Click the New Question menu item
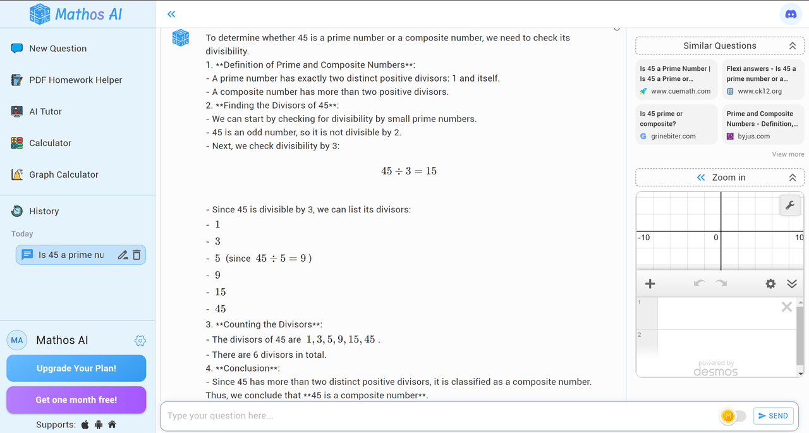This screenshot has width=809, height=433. click(x=58, y=49)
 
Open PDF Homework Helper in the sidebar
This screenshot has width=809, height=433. click(x=75, y=80)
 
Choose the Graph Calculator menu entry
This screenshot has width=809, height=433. click(x=63, y=175)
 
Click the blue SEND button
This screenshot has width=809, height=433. click(x=773, y=416)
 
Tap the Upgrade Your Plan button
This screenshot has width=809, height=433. click(x=76, y=369)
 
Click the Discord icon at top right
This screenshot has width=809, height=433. click(x=791, y=14)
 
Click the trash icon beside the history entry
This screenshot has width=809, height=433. click(x=137, y=255)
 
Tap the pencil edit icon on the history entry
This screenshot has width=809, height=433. click(x=123, y=255)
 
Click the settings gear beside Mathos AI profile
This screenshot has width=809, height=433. click(x=140, y=341)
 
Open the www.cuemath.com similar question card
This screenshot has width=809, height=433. click(x=675, y=80)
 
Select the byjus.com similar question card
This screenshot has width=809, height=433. click(x=763, y=125)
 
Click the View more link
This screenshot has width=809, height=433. click(x=788, y=154)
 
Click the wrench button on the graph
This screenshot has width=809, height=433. click(x=790, y=205)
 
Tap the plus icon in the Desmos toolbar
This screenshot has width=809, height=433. click(x=650, y=284)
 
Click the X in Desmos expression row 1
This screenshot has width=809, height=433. click(x=786, y=307)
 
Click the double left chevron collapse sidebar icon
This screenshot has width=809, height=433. click(x=171, y=14)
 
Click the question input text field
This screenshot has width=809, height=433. click(x=436, y=416)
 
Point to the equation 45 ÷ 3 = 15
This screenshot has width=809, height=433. click(x=409, y=171)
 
